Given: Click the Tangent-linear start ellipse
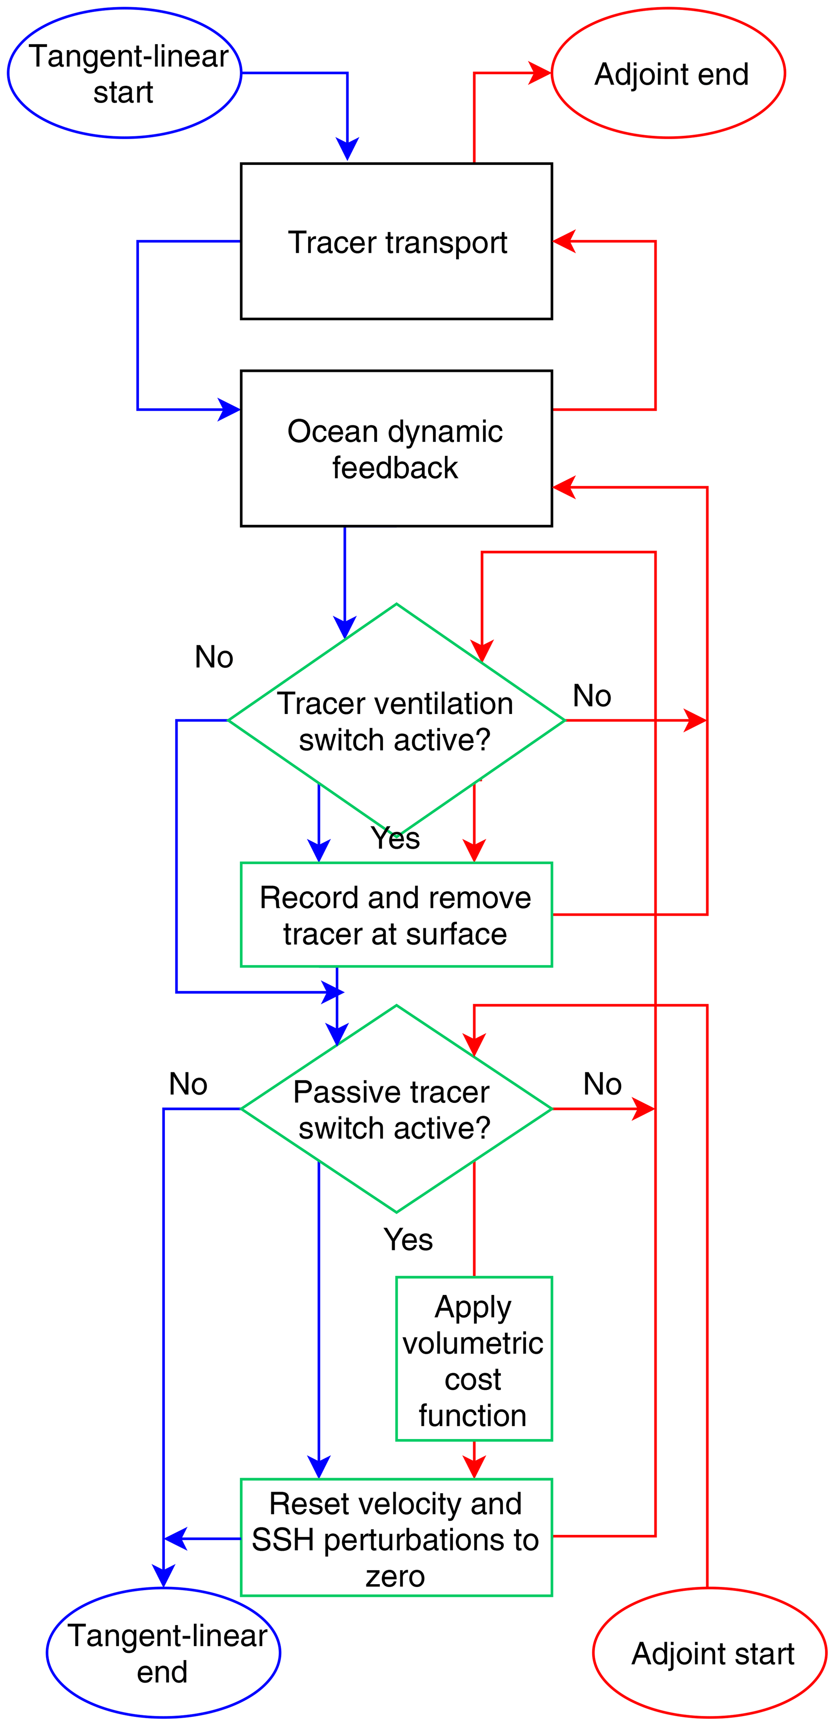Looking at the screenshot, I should [125, 73].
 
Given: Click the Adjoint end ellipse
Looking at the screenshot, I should [668, 73].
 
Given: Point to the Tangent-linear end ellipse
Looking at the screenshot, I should [164, 1653].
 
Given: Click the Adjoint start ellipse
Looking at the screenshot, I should [710, 1653].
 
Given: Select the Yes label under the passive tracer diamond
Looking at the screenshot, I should [408, 1240].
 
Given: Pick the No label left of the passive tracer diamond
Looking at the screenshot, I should [188, 1084].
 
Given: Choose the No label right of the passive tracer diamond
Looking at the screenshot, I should [602, 1084].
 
